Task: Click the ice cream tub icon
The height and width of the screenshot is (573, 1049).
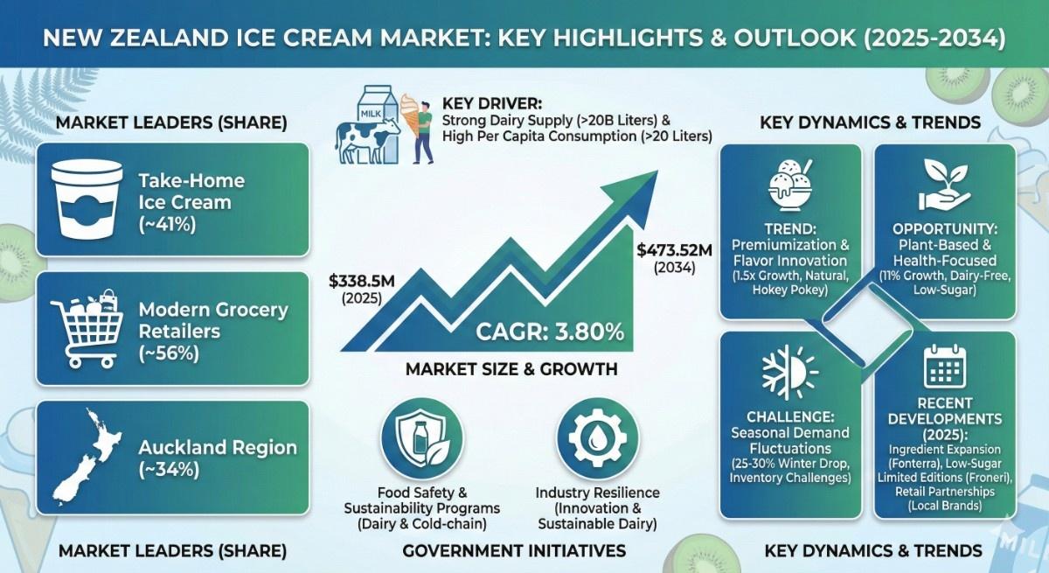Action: click(87, 199)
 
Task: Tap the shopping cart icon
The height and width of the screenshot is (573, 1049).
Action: click(87, 329)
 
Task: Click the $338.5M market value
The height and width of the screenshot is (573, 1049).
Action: click(362, 281)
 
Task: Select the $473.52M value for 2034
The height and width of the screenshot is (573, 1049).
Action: click(674, 250)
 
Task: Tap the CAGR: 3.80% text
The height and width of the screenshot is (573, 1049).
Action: click(550, 332)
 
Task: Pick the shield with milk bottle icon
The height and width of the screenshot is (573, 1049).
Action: click(422, 438)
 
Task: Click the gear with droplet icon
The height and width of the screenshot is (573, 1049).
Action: click(597, 438)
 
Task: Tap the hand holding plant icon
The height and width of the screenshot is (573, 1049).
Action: click(945, 184)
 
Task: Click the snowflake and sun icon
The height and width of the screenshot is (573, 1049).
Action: click(790, 373)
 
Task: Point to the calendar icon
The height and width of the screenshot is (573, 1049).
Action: click(945, 367)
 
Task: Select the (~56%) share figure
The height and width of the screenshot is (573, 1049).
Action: click(169, 353)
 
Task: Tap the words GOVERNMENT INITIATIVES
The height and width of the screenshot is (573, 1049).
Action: click(514, 551)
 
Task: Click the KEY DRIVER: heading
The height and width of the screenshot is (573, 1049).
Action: click(491, 104)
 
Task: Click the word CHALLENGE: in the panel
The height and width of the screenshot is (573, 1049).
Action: click(790, 417)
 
